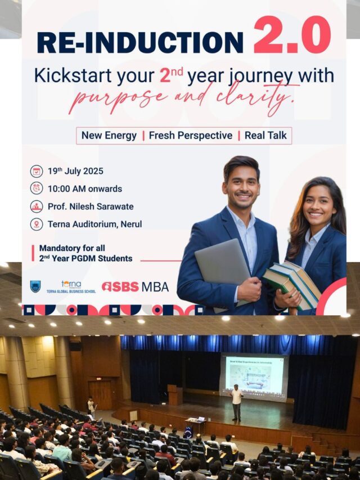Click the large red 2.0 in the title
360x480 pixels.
291,35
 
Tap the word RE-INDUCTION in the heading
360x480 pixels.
140,42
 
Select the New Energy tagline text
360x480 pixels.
109,136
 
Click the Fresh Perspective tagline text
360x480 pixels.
190,136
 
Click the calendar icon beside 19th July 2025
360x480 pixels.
37,171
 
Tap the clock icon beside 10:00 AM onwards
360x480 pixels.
37,189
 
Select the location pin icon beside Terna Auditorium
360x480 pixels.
37,224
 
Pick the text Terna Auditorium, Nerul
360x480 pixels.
94,224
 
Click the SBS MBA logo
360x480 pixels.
135,286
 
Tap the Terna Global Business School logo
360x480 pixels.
71,286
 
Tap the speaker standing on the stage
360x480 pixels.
237,402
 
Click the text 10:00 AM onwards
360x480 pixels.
85,189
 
